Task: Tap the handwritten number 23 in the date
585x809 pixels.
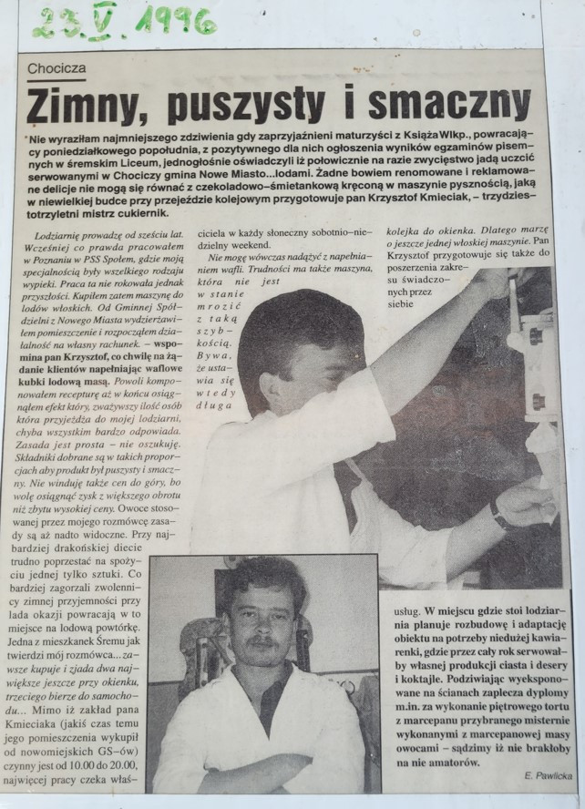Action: click(x=53, y=20)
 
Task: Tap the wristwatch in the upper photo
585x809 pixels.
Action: click(x=499, y=516)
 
